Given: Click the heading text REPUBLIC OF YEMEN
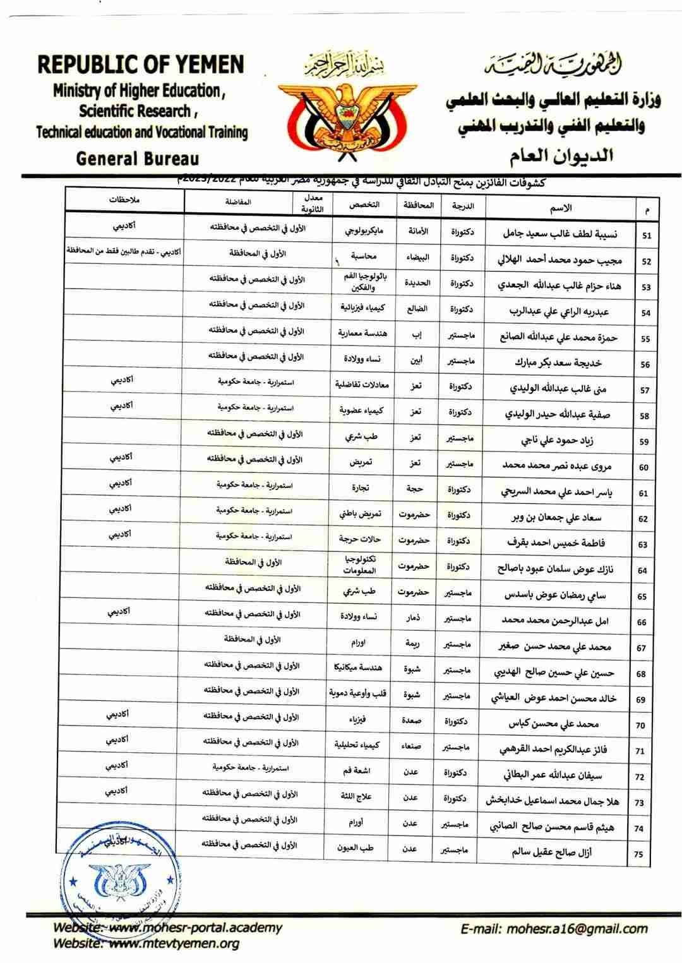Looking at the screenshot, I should [141, 65].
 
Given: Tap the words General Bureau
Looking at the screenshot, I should [137, 159].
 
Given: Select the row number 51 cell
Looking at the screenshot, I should [646, 236].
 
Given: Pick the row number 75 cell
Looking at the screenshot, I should [638, 854].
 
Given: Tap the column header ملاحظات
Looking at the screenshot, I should [124, 200].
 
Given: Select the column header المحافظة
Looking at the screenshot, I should [418, 205].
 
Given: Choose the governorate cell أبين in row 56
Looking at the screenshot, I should [416, 361].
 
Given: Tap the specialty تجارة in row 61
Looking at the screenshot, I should [362, 488].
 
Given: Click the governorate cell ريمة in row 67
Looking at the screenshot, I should [413, 643].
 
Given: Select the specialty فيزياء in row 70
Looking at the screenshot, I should [357, 719].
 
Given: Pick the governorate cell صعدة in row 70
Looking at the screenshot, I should [411, 721].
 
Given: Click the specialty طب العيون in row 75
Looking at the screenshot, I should [357, 848].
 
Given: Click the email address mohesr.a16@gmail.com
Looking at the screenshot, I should [554, 928].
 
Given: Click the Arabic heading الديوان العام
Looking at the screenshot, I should [561, 155].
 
